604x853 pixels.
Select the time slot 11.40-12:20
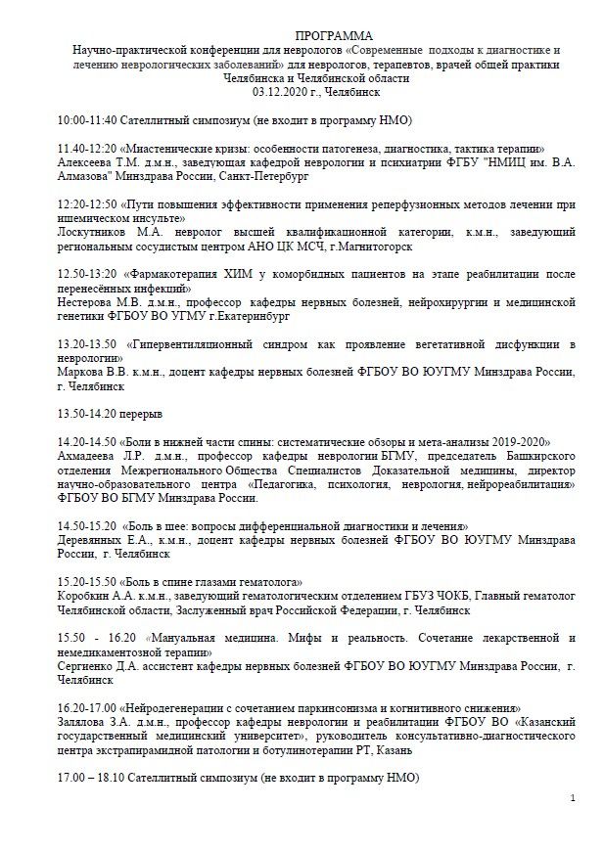(87, 146)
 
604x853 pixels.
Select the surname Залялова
(87, 721)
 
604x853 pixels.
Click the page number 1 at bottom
(573, 799)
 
